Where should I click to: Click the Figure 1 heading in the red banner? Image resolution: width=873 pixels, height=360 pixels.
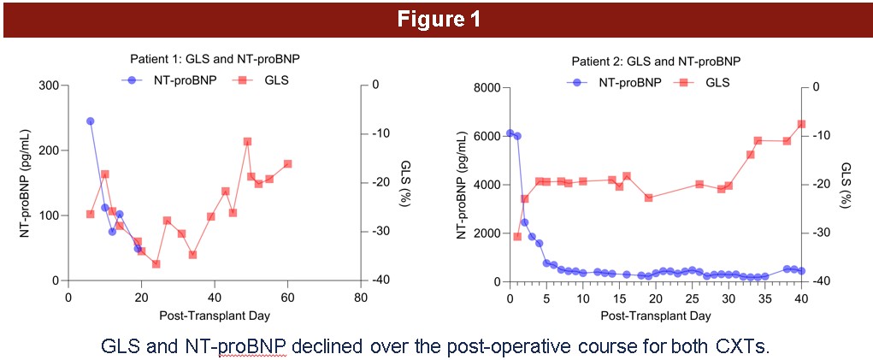pyautogui.click(x=437, y=20)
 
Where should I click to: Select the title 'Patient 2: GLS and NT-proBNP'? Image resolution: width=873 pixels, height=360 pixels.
pyautogui.click(x=655, y=62)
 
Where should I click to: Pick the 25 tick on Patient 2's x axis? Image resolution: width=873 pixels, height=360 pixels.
pyautogui.click(x=692, y=298)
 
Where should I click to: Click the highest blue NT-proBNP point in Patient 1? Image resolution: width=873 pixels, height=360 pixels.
pyautogui.click(x=91, y=121)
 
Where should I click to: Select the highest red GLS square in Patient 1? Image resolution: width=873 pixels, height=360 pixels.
pyautogui.click(x=247, y=142)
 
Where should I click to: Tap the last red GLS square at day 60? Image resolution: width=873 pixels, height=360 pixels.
pyautogui.click(x=287, y=163)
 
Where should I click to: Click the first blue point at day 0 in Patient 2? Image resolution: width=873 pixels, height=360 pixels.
pyautogui.click(x=510, y=133)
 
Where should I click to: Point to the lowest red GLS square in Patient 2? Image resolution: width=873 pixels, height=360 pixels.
pyautogui.click(x=517, y=236)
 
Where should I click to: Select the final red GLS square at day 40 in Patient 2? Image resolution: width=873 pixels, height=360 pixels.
pyautogui.click(x=801, y=124)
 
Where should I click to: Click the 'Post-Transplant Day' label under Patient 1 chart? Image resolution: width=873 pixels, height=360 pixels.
pyautogui.click(x=215, y=316)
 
